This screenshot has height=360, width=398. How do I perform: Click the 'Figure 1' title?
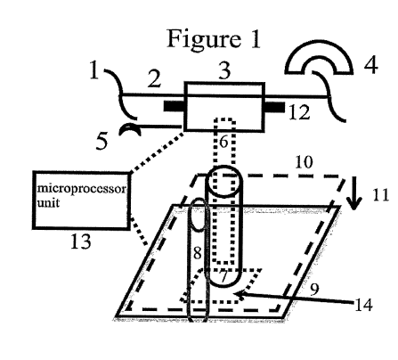(214, 38)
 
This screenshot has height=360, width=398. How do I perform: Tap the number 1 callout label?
(94, 70)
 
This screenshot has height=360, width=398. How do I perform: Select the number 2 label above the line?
(154, 79)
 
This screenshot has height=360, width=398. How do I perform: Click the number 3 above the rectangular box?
(224, 70)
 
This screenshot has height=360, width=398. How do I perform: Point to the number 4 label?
(371, 65)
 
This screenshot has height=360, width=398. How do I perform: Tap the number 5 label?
(102, 141)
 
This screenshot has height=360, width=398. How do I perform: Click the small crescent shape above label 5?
(130, 129)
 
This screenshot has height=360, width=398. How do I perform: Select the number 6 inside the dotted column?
(223, 142)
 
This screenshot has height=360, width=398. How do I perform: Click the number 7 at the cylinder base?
(224, 277)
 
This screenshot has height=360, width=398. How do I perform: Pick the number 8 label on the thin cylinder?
(198, 253)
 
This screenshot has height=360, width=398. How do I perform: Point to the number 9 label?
(314, 290)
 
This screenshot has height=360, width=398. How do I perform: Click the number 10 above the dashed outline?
(304, 162)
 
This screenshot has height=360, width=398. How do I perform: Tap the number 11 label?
(381, 196)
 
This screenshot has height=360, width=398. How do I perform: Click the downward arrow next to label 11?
(354, 194)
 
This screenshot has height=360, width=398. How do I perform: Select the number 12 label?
(299, 113)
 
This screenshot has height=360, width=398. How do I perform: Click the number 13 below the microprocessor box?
(81, 241)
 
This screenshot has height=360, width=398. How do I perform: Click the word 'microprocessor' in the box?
(82, 189)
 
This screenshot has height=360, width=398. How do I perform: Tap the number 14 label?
(363, 305)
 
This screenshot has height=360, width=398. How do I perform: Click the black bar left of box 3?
(175, 106)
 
